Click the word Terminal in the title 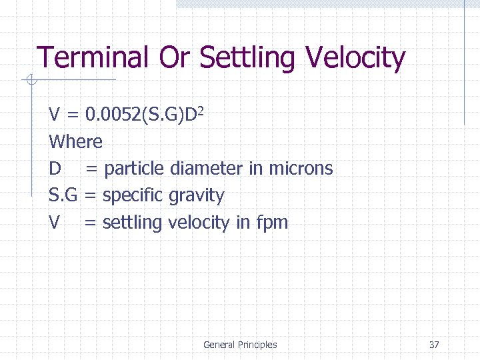point(92,58)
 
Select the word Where point(75,141)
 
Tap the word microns point(301,168)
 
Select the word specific point(133,196)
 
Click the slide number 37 point(434,345)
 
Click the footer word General point(219,345)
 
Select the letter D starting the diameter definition point(55,168)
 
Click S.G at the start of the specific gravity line point(63,195)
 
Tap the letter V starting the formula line point(55,115)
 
